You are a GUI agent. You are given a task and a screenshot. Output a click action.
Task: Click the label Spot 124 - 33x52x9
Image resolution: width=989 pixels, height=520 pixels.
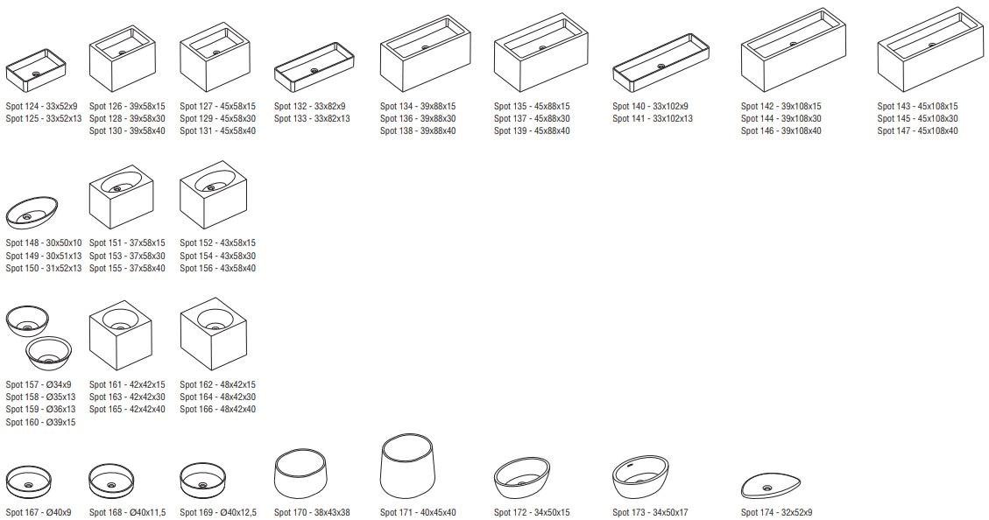coord(41,107)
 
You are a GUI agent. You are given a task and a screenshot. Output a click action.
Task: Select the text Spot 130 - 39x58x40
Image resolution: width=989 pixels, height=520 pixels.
coord(127,131)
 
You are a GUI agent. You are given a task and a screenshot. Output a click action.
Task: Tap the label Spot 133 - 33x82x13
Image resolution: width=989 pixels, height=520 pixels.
coord(312,119)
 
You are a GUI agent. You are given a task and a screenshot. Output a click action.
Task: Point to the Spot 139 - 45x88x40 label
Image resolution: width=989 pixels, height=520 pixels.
coord(532,131)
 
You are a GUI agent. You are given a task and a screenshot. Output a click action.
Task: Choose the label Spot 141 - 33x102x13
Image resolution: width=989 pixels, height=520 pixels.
coord(652,119)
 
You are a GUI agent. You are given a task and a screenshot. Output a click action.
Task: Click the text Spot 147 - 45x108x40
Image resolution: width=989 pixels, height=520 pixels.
coord(917,131)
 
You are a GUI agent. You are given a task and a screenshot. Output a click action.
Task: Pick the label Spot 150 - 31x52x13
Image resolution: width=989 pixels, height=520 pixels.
coord(44,268)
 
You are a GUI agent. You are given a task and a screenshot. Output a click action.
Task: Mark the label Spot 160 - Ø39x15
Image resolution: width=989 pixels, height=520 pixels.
coord(40,422)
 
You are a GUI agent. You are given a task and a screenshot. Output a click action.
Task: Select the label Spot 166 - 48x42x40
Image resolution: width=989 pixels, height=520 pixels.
coord(217,410)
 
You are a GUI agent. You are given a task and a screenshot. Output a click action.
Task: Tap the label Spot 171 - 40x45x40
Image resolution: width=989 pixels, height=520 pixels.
coord(418,513)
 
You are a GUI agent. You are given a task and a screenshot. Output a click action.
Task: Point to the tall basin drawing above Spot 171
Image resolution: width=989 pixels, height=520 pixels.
coord(409,467)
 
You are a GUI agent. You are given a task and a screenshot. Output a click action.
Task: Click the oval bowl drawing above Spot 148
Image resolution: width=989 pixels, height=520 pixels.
coord(32,213)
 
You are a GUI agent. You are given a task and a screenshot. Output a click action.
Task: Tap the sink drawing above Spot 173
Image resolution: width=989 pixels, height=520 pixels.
coord(640,478)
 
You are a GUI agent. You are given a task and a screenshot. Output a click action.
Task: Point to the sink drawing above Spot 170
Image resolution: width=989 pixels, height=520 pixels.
coord(300,474)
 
